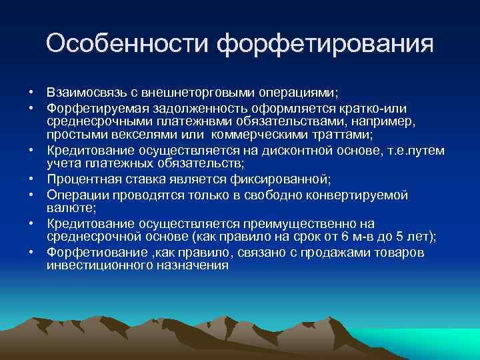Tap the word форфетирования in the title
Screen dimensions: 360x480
(x=325, y=45)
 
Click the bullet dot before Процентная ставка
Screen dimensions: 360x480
(x=31, y=179)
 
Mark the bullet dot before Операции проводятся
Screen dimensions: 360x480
(x=31, y=195)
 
